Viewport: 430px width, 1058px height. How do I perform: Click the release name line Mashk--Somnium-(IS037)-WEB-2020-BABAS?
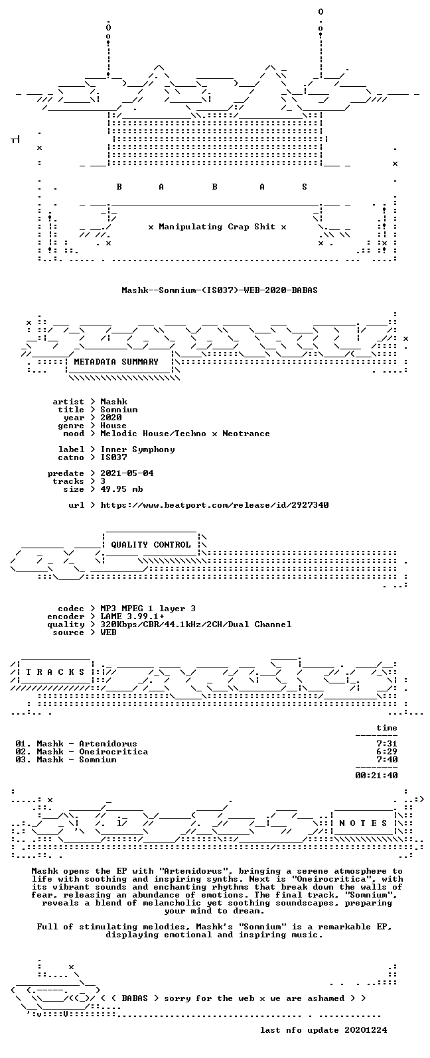[220, 290]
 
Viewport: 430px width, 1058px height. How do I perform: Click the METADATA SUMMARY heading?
[116, 362]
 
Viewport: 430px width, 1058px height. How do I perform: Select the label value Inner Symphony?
[137, 449]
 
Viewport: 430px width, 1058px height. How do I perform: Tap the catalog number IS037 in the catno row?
[113, 457]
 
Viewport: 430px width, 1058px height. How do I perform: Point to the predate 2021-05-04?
[127, 473]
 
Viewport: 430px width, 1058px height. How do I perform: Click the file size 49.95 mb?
[121, 489]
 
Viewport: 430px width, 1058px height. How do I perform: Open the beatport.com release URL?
[214, 505]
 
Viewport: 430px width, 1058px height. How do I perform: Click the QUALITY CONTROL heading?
[151, 545]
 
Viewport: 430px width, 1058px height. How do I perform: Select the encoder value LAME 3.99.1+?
[132, 617]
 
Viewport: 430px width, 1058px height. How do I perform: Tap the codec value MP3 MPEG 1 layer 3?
[148, 609]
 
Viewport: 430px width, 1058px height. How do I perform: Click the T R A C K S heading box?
[55, 672]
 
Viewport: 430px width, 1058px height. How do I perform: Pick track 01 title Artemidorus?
[108, 744]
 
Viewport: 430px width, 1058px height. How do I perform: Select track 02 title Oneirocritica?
[113, 752]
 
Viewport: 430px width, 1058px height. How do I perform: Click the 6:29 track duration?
[386, 752]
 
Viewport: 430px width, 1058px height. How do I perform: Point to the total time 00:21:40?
[376, 776]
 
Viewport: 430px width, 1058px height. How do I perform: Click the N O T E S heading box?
[363, 823]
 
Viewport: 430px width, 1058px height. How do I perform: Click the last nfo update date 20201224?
[366, 1030]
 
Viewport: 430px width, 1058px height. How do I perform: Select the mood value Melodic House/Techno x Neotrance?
[185, 434]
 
